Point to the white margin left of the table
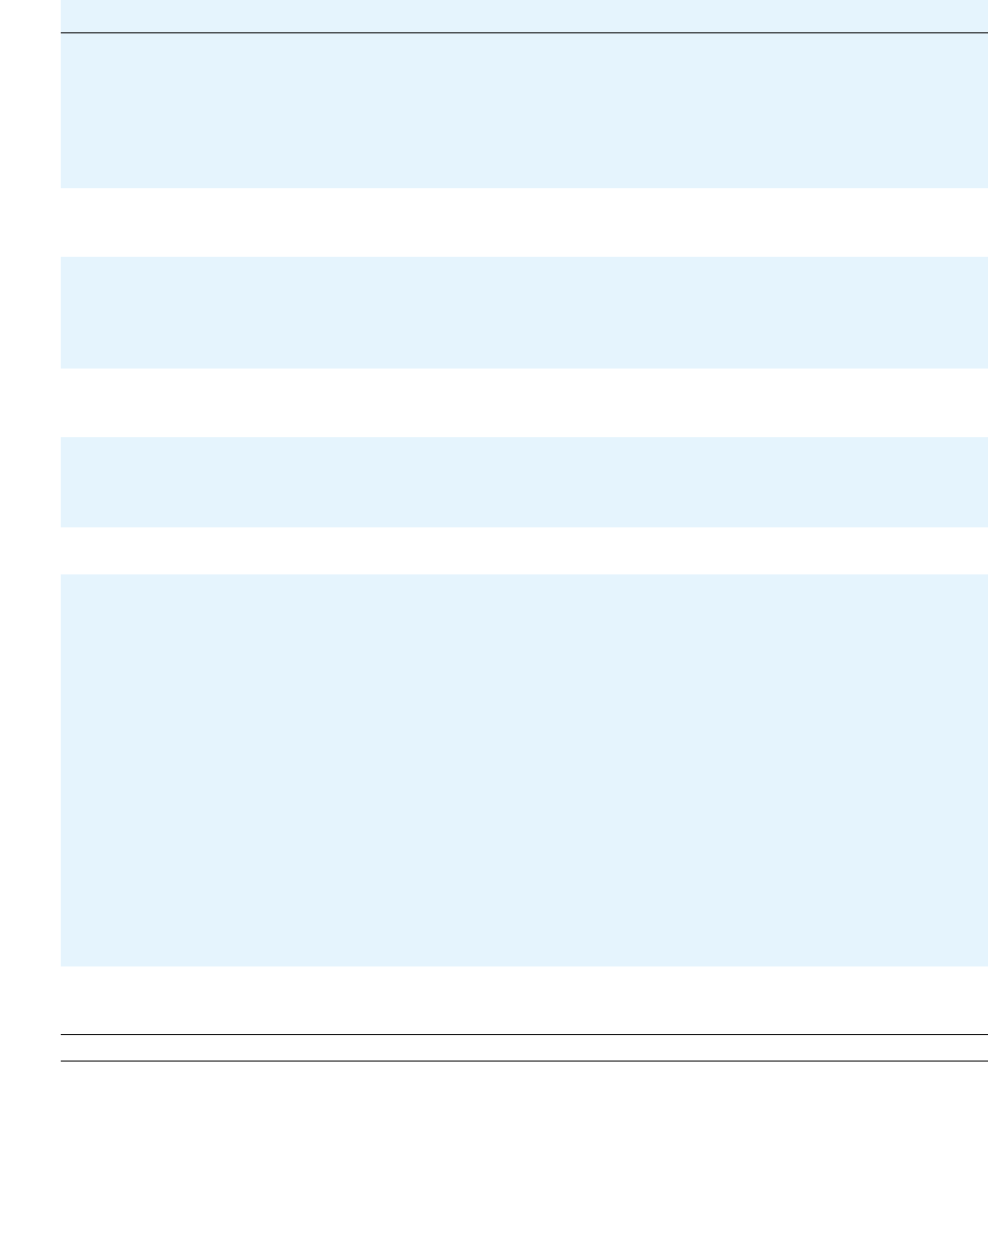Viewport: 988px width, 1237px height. coord(29,588)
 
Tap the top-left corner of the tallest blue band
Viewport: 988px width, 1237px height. coord(62,575)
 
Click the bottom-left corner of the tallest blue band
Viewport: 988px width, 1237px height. coord(62,965)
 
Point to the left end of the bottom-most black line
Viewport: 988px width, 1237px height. coord(63,1061)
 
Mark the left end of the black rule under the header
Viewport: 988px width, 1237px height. coord(63,33)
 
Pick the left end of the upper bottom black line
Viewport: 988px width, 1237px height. coord(63,1035)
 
